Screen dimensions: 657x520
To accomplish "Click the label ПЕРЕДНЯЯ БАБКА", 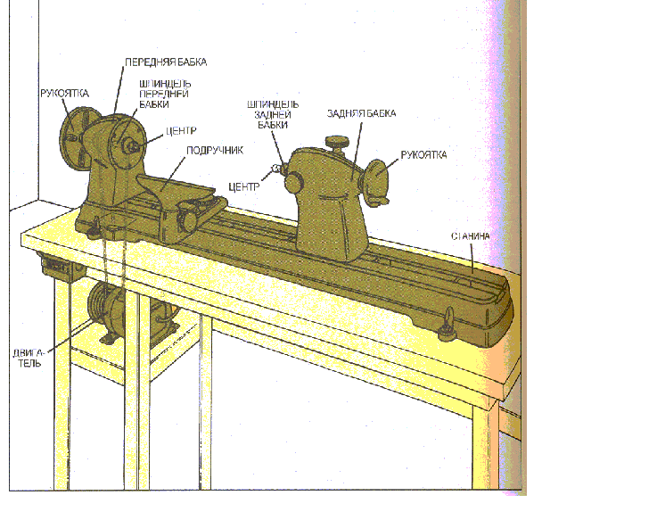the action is pyautogui.click(x=166, y=62).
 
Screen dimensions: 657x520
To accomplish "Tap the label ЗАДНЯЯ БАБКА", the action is pyautogui.click(x=361, y=113).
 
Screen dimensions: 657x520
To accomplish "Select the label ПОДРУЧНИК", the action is pyautogui.click(x=215, y=151).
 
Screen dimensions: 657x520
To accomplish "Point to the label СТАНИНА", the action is pyautogui.click(x=470, y=236).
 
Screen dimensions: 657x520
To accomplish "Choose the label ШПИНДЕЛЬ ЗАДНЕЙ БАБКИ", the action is pyautogui.click(x=273, y=114).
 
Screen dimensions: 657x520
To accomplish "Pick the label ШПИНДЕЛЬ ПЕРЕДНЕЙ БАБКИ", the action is pyautogui.click(x=165, y=94).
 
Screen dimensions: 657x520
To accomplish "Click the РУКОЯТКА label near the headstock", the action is pyautogui.click(x=64, y=93).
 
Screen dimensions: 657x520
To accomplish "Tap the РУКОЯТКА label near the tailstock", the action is pyautogui.click(x=423, y=154).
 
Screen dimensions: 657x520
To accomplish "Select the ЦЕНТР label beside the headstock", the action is pyautogui.click(x=181, y=131).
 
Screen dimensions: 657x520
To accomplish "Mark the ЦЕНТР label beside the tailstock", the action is pyautogui.click(x=244, y=186).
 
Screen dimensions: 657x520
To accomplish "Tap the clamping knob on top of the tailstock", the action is pyautogui.click(x=337, y=144).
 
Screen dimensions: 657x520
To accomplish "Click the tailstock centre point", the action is pyautogui.click(x=275, y=169).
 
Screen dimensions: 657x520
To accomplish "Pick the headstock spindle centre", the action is pyautogui.click(x=133, y=145).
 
